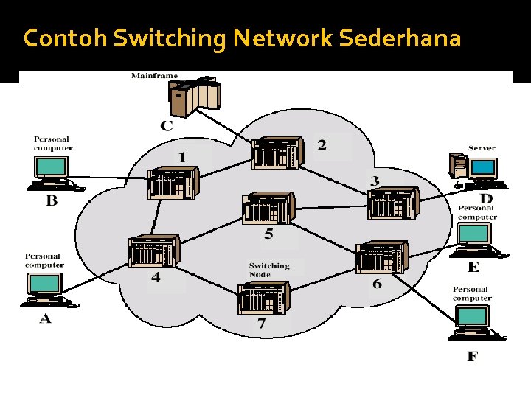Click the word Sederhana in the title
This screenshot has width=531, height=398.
click(x=400, y=38)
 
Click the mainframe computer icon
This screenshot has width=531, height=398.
click(x=195, y=97)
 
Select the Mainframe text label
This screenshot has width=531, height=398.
click(x=154, y=75)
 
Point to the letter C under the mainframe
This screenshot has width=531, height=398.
click(x=167, y=125)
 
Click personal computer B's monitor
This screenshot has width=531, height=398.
click(x=51, y=166)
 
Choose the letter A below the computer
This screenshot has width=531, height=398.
click(x=45, y=318)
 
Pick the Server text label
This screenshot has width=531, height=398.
click(x=482, y=148)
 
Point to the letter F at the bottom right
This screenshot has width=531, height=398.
click(x=473, y=357)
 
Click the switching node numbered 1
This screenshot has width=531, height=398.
click(x=173, y=182)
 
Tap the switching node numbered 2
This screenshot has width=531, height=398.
click(x=277, y=153)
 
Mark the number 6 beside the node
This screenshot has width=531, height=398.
click(x=377, y=284)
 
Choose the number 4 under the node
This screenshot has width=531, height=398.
click(x=156, y=277)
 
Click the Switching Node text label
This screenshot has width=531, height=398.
click(x=269, y=270)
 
